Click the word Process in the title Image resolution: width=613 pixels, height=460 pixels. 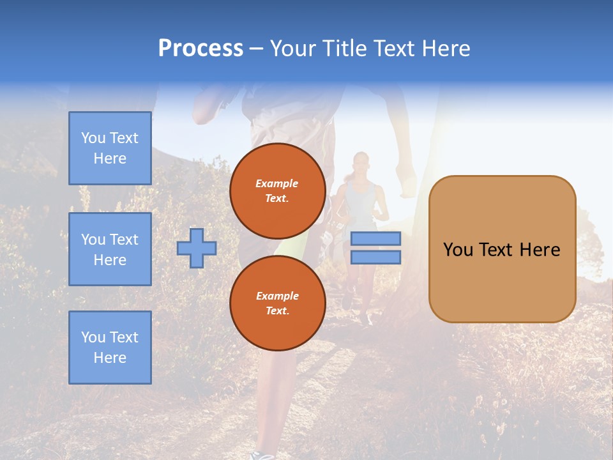(x=201, y=49)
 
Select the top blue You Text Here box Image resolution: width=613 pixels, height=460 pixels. (x=110, y=148)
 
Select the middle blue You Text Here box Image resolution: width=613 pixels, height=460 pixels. (x=110, y=249)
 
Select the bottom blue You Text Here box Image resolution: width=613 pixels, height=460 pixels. (x=110, y=348)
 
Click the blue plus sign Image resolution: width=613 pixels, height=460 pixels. (x=197, y=248)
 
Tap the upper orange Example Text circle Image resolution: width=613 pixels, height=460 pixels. (x=277, y=190)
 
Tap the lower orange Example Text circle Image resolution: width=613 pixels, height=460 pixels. (x=277, y=303)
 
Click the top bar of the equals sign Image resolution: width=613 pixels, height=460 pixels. (x=376, y=238)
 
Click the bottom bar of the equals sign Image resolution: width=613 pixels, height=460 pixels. (x=376, y=257)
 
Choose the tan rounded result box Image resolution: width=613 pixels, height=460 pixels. (x=502, y=284)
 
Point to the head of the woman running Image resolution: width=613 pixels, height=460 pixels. (x=361, y=162)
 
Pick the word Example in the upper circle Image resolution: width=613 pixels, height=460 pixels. (x=277, y=183)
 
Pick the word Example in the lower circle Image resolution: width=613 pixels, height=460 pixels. (x=277, y=296)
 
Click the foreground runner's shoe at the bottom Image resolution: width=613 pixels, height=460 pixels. (x=263, y=456)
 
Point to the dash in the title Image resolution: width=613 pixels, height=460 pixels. (x=257, y=49)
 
